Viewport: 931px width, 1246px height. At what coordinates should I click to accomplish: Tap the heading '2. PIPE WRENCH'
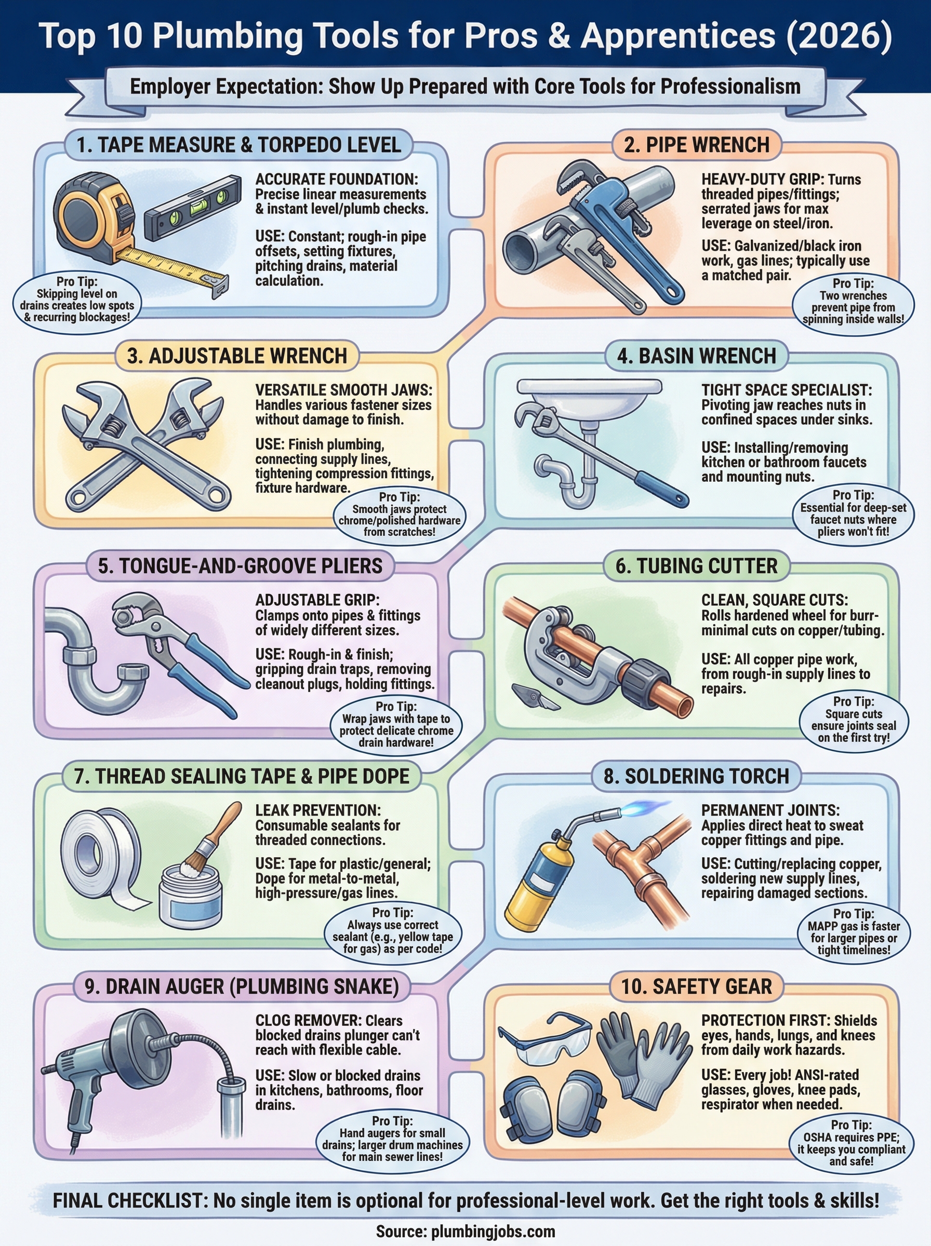[x=696, y=145]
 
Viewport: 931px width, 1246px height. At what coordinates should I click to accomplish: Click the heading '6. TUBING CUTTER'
[x=696, y=566]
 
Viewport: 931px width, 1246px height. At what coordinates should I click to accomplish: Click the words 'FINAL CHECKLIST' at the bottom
[x=131, y=1200]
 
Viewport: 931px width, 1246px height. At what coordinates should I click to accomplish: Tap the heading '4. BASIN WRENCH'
[x=696, y=356]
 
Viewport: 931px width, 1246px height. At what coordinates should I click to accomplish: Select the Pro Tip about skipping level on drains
[x=77, y=300]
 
